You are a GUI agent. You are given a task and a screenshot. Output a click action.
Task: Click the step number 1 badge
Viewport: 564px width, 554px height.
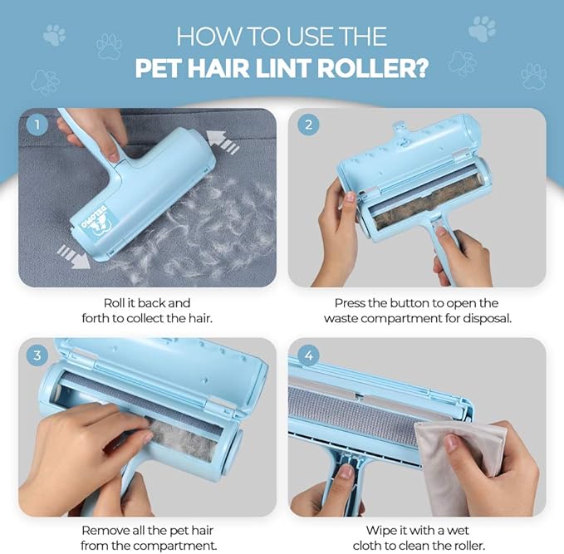tap(36, 125)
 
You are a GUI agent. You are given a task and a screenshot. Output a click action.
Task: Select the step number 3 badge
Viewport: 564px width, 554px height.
tap(36, 355)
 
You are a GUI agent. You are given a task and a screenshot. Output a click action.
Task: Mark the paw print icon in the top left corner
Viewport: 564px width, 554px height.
tap(55, 34)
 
